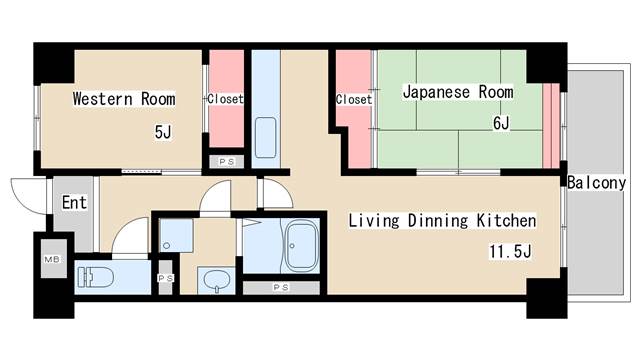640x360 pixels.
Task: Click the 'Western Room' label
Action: [x=123, y=99]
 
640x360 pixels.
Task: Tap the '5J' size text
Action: [x=163, y=131]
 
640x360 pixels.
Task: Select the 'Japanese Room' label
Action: [x=457, y=92]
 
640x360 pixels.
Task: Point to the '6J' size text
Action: [x=500, y=123]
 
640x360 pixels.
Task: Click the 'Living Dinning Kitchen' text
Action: [x=442, y=220]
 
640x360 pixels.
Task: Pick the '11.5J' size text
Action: [x=509, y=250]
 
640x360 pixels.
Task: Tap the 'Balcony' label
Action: [x=596, y=183]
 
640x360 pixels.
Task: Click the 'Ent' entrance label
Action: [x=74, y=202]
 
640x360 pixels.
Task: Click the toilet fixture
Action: [x=98, y=276]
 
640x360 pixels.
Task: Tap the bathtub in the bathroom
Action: [x=301, y=246]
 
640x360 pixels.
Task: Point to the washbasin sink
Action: [x=215, y=278]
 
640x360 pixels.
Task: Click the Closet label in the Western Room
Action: [x=225, y=99]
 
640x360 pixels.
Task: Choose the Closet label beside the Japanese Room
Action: [x=354, y=99]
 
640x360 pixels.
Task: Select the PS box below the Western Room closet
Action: [x=225, y=160]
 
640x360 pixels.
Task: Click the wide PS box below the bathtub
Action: [x=282, y=288]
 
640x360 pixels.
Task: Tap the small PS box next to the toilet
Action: [x=165, y=279]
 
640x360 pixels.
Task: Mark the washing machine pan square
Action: [x=177, y=236]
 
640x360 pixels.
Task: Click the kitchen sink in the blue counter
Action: [x=265, y=137]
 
